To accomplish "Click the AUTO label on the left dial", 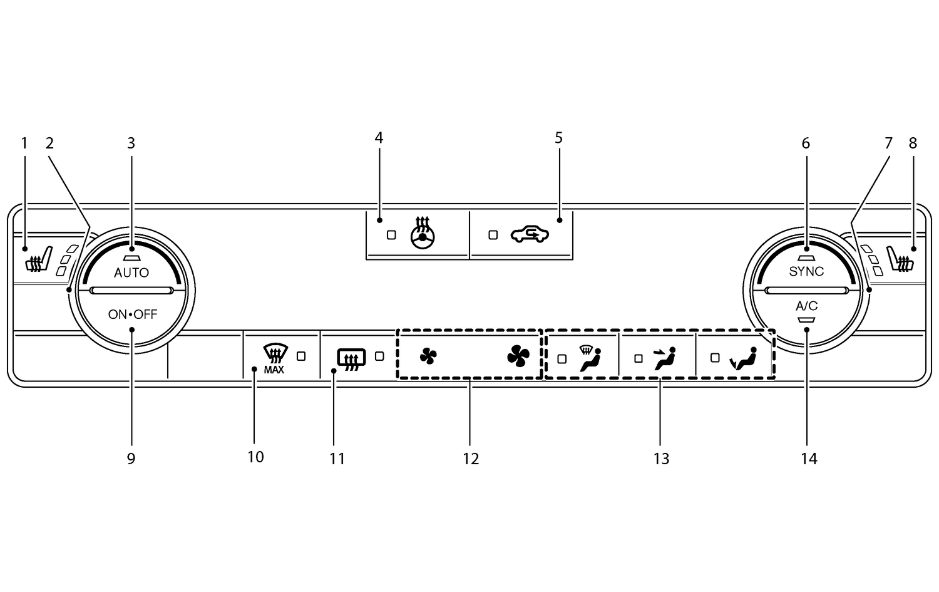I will point(131,273).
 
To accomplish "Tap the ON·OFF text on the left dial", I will point(133,314).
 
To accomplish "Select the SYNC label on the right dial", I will point(806,271).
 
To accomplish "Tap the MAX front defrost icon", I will point(274,359).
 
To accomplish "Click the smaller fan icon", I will point(428,356).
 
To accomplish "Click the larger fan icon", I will point(518,356).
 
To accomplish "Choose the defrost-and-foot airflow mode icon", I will point(590,358).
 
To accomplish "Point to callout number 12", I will point(471,459).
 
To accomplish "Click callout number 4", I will point(379,138).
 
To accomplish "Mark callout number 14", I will point(809,459).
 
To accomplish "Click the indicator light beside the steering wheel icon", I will point(392,235).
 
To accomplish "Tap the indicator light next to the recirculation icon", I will point(493,235).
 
